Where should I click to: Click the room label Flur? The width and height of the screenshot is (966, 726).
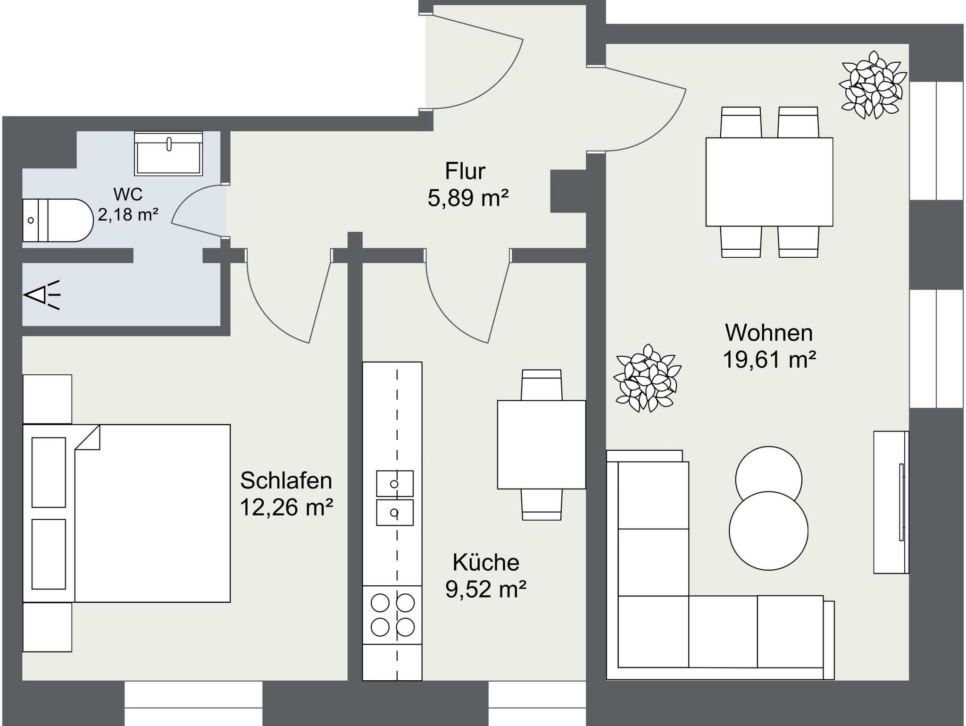465,171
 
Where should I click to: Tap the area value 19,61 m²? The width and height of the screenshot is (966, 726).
769,360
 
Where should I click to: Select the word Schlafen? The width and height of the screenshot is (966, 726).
286,481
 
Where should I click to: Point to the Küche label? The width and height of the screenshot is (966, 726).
486,562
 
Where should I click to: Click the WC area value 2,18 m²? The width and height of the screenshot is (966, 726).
128,215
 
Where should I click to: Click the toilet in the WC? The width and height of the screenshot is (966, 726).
58,220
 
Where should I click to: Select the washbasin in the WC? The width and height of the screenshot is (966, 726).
169,153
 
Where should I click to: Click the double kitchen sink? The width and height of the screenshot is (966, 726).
395,498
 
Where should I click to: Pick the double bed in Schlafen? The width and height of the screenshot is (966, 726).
127,513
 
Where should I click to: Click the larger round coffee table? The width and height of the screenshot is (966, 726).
769,531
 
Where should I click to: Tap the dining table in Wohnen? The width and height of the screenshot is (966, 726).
769,182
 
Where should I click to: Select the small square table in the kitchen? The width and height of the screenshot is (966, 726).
541,445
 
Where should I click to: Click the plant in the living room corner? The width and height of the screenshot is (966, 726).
873,85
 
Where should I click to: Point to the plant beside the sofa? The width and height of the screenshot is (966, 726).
647,378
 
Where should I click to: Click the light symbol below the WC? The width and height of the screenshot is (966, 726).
42,295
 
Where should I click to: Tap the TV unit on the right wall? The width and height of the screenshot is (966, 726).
891,502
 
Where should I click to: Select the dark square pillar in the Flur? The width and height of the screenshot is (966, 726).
568,191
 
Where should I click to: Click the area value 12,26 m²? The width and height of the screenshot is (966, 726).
286,507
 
